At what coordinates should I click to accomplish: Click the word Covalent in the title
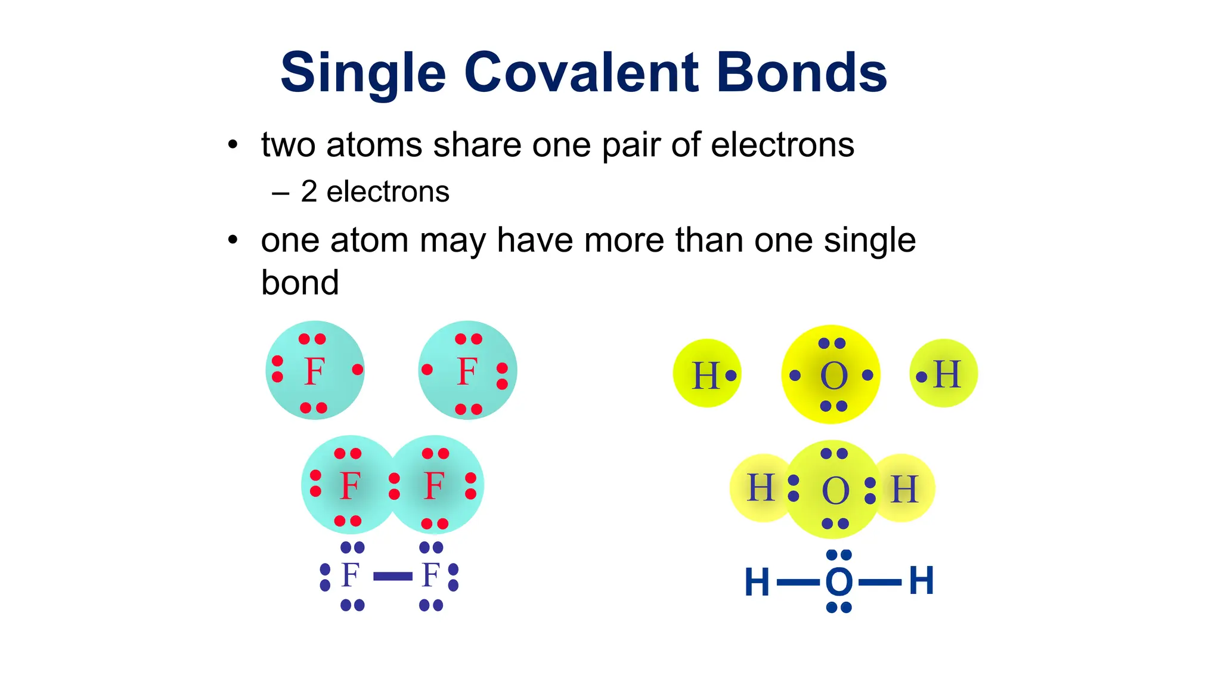pos(581,73)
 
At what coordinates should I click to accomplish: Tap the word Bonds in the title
pos(802,73)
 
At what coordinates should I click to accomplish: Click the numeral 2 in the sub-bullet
pos(309,192)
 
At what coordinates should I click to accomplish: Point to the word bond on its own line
pos(300,283)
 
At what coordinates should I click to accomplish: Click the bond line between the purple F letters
pos(392,576)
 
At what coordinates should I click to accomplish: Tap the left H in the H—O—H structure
pos(757,582)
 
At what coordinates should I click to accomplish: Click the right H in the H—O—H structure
pos(921,581)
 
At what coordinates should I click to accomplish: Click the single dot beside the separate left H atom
pos(731,375)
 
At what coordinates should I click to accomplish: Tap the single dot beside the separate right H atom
pos(922,376)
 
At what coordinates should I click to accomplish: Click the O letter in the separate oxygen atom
pos(833,376)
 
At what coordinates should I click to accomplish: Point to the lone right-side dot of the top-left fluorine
pos(358,370)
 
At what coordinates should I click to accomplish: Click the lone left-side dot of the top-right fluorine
pos(427,370)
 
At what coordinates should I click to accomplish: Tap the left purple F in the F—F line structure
pos(350,575)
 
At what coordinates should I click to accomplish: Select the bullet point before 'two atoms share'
pos(233,145)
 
